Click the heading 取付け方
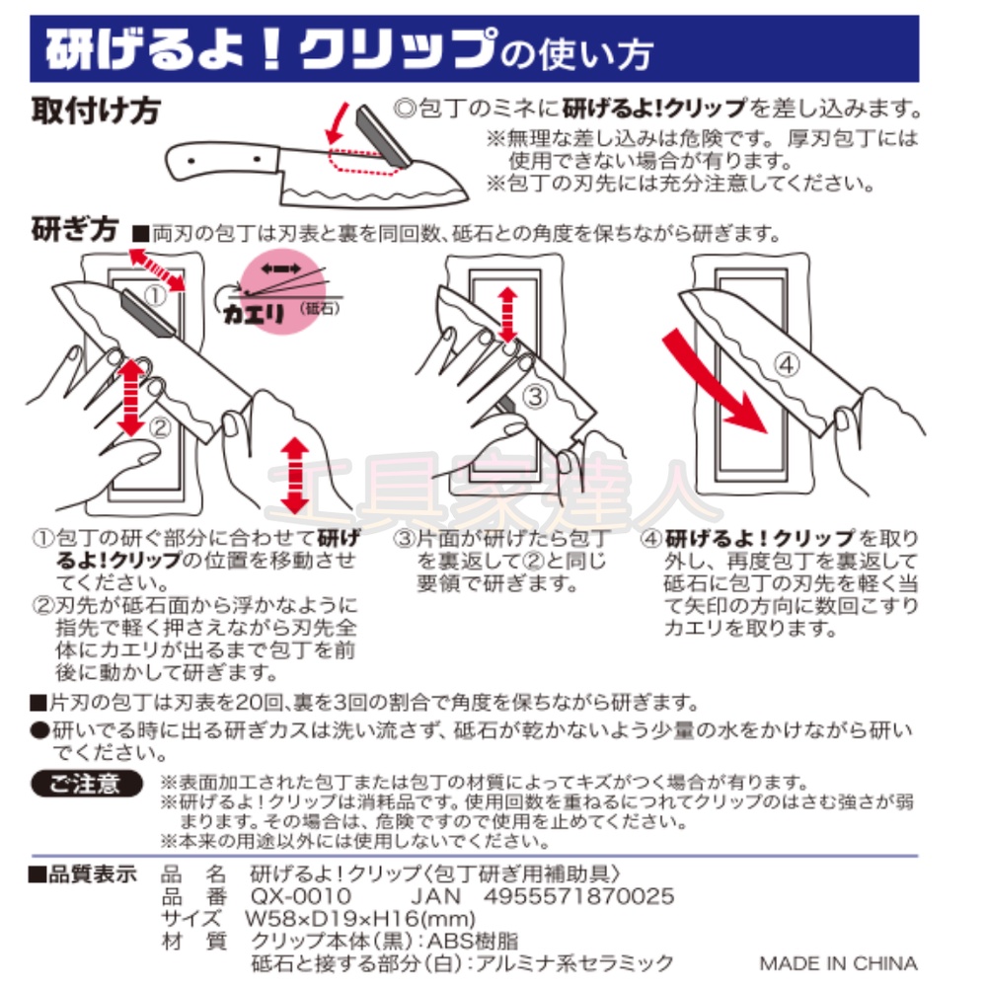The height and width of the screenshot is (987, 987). (x=95, y=110)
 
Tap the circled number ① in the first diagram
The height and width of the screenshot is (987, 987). (x=155, y=293)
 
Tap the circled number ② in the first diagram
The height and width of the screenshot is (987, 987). (x=160, y=427)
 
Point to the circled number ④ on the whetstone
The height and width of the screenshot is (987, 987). (x=785, y=364)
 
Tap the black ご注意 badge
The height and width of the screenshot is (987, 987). (x=90, y=784)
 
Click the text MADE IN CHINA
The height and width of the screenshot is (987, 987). (x=838, y=962)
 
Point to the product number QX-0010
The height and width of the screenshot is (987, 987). (x=301, y=896)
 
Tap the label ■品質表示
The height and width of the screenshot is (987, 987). (x=82, y=873)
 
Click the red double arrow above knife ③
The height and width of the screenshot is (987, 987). (x=506, y=313)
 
